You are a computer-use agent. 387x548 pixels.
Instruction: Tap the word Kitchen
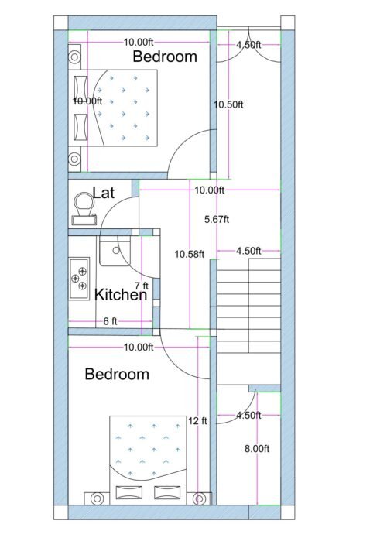click(x=121, y=295)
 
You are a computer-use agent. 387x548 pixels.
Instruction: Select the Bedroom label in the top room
click(x=164, y=57)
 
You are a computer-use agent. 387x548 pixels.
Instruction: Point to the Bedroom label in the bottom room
click(x=116, y=375)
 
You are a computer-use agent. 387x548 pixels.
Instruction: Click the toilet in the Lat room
click(x=82, y=206)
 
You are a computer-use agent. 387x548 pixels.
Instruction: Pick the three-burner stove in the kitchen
click(x=79, y=278)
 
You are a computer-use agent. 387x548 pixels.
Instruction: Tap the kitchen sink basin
click(x=115, y=250)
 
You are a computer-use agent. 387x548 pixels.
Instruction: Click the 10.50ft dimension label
click(x=229, y=104)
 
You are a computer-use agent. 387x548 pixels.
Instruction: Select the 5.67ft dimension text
click(x=217, y=219)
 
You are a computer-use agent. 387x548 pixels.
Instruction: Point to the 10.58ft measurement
click(x=190, y=254)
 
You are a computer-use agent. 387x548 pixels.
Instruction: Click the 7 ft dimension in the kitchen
click(x=142, y=286)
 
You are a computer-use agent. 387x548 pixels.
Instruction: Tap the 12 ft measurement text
click(x=198, y=421)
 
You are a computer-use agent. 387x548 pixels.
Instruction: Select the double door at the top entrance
click(x=248, y=50)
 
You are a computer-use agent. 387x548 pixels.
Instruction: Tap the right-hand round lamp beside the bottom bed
click(x=200, y=498)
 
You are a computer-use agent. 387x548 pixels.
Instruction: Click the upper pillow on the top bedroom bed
click(x=80, y=84)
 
